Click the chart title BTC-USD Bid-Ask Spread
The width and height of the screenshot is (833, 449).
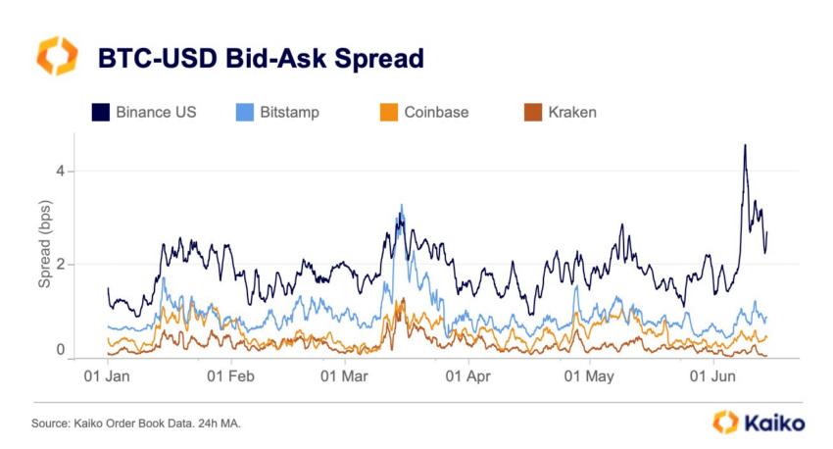[260, 58]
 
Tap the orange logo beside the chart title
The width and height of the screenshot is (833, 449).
[56, 56]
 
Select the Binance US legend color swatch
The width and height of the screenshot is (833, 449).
[100, 112]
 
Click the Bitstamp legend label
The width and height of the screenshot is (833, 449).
[289, 112]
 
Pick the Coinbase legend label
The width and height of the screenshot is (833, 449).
[436, 112]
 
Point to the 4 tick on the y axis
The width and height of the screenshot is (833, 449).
[60, 172]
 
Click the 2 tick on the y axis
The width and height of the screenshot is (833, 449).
[60, 264]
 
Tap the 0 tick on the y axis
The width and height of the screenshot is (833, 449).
[60, 350]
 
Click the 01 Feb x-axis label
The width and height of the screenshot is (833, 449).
[232, 375]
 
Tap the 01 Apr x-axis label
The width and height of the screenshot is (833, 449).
[467, 375]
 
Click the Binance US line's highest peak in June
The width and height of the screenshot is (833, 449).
[745, 145]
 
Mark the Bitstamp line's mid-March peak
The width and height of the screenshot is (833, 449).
[402, 205]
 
